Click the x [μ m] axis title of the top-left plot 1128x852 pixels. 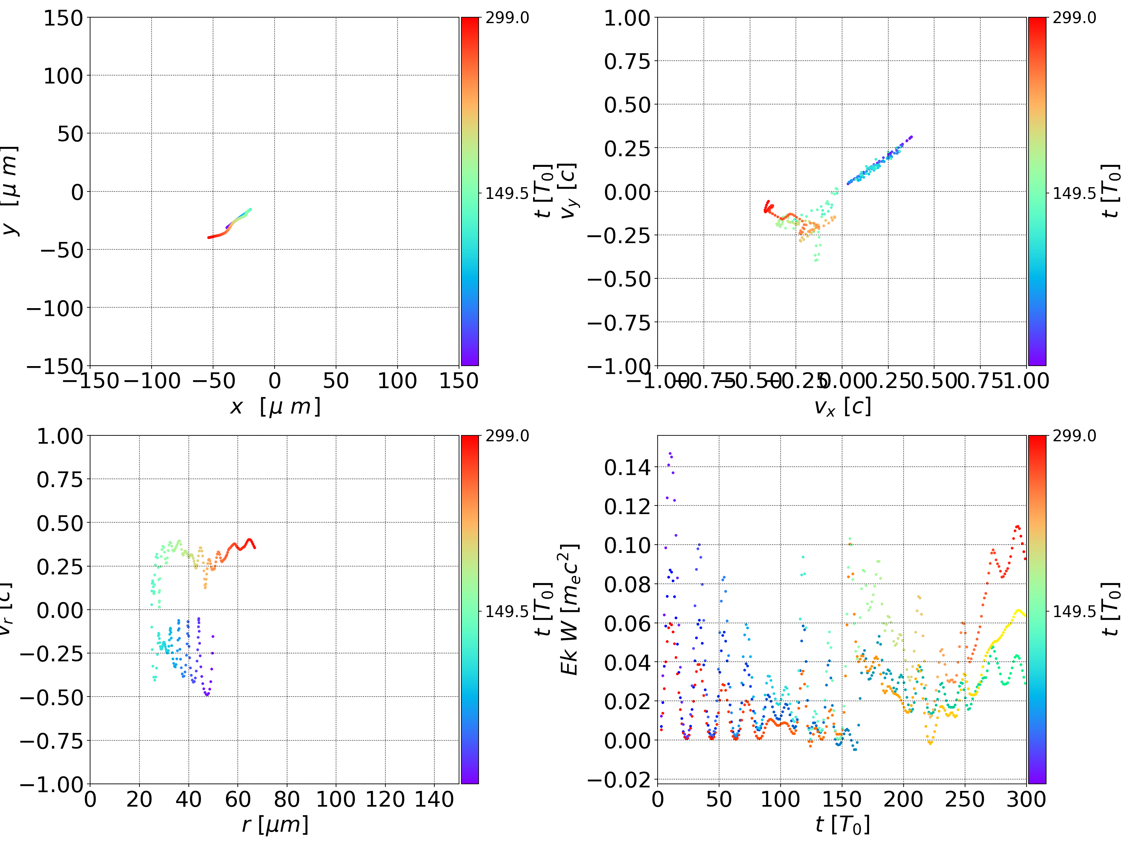pos(275,406)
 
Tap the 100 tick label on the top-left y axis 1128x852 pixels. pos(63,76)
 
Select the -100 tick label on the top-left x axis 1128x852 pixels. pos(152,381)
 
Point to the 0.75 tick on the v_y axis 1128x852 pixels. pos(628,61)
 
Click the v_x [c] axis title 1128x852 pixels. pos(842,406)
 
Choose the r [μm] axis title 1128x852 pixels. pos(275,825)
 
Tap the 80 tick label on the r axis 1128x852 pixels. pos(287,799)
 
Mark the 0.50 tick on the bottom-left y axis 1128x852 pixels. pos(59,523)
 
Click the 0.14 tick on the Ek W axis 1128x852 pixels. pos(628,467)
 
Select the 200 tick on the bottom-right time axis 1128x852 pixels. pos(903,799)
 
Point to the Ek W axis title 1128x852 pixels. pos(569,609)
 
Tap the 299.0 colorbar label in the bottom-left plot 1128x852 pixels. pos(507,436)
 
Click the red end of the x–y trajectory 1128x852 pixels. pos(209,237)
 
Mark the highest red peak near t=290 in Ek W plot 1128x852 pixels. pos(1017,526)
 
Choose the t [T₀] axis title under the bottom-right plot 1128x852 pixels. pos(842,825)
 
